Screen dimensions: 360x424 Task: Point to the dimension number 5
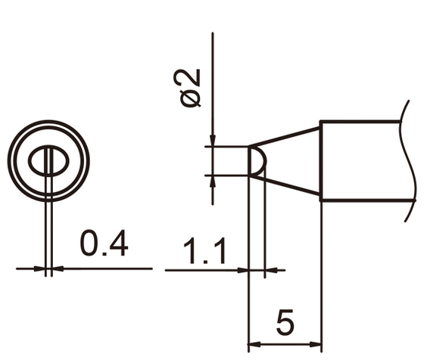point(285,323)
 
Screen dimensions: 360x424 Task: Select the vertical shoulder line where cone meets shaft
point(321,161)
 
